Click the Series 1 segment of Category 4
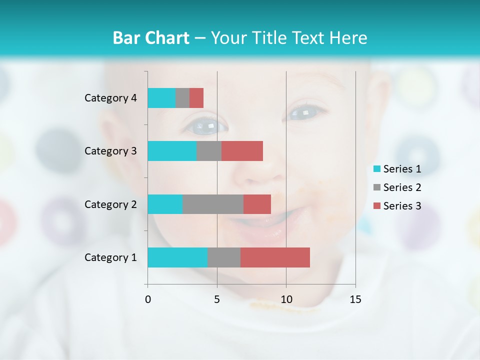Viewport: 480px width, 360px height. click(161, 98)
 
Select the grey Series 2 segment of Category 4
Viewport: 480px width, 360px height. click(182, 98)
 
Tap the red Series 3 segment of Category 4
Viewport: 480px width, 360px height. click(196, 98)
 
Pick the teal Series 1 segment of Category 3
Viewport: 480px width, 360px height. click(172, 151)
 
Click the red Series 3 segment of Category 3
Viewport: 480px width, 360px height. click(242, 151)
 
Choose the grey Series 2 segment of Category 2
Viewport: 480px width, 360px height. click(213, 204)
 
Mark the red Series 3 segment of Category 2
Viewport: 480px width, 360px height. click(257, 204)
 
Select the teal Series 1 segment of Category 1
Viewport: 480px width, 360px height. click(177, 257)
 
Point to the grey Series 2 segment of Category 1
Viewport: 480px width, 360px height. click(224, 257)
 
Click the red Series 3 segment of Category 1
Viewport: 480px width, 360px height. click(275, 257)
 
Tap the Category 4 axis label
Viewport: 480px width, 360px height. click(110, 98)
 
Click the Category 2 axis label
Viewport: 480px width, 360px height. click(110, 204)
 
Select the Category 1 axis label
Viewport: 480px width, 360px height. click(110, 257)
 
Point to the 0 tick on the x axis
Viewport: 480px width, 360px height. click(148, 299)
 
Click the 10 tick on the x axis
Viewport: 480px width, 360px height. click(286, 299)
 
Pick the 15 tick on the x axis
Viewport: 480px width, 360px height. click(355, 299)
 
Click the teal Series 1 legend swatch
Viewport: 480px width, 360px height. click(377, 169)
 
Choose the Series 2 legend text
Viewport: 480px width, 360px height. click(402, 187)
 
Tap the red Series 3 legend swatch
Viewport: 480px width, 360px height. click(377, 206)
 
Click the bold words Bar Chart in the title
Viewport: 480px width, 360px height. click(151, 38)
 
